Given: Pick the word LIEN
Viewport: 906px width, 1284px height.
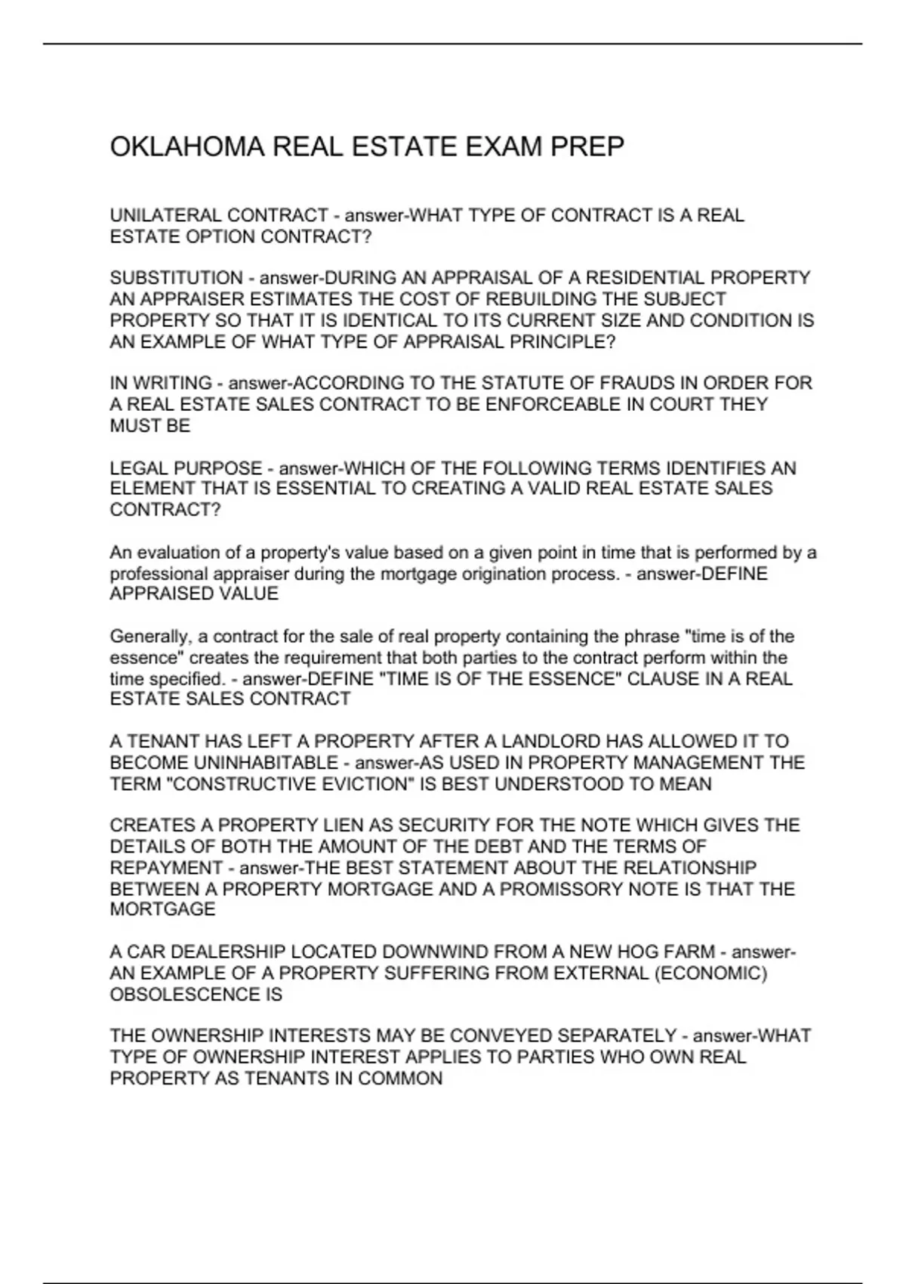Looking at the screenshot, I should coord(326,825).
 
